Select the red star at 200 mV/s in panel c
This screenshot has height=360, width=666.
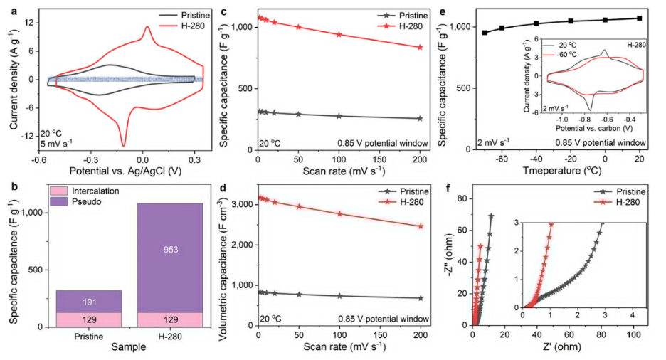(x=420, y=48)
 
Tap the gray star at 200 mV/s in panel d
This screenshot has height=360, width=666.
(x=420, y=298)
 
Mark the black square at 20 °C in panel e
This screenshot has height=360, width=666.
(x=639, y=18)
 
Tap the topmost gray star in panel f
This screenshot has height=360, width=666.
(x=491, y=216)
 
